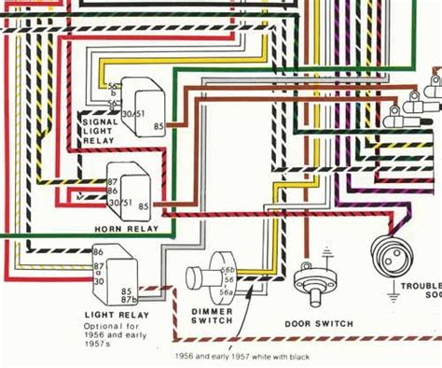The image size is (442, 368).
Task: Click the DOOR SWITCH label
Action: coord(319,323)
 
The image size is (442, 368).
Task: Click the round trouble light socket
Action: coord(390,253)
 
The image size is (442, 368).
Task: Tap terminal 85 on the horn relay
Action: coord(144,205)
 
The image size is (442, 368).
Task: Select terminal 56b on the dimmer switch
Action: coord(228,268)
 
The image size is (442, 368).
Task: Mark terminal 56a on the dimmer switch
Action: coord(228,290)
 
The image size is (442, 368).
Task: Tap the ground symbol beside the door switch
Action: coord(325,253)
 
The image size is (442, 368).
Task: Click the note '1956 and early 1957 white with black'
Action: coord(245,356)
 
